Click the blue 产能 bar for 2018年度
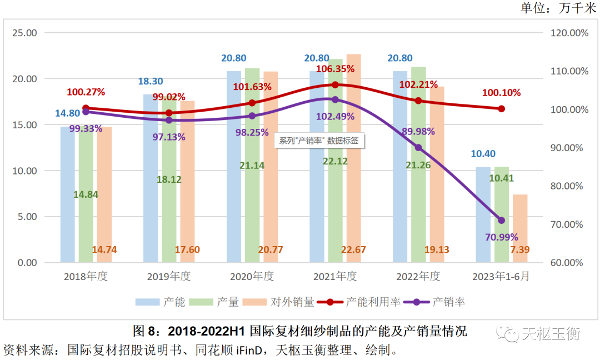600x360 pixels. point(67,194)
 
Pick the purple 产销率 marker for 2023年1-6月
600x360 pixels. point(501,221)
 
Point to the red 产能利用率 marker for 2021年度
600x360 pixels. point(335,84)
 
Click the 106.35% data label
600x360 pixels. point(335,69)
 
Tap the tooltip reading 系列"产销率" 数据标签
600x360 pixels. point(319,141)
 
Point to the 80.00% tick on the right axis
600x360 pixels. point(569,186)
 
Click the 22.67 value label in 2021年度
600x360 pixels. point(353,250)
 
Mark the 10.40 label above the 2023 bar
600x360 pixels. point(483,154)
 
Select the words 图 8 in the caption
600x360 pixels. point(146,332)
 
